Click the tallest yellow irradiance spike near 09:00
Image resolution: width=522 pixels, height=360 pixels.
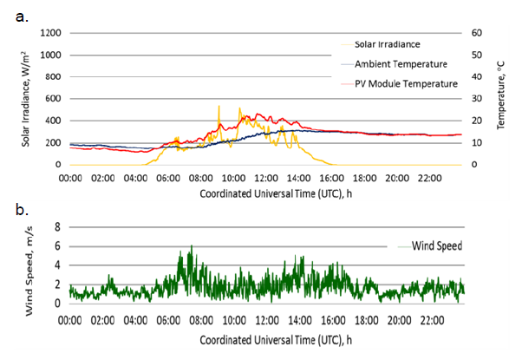[x=219, y=107]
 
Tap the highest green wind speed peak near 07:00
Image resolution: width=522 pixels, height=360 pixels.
[x=191, y=246]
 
